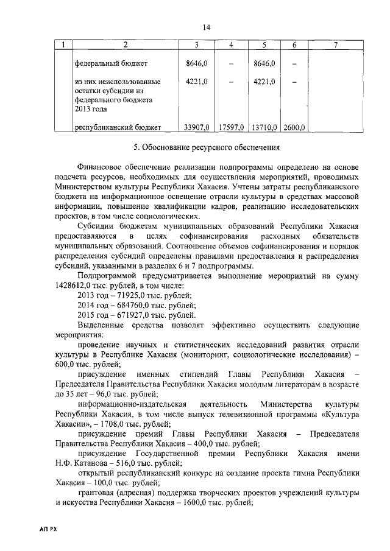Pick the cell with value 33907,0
click(196, 127)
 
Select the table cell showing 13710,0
click(264, 127)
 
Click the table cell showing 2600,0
click(294, 127)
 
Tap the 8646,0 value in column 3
click(196, 63)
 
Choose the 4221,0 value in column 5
click(264, 81)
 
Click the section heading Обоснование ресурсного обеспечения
click(211, 147)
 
